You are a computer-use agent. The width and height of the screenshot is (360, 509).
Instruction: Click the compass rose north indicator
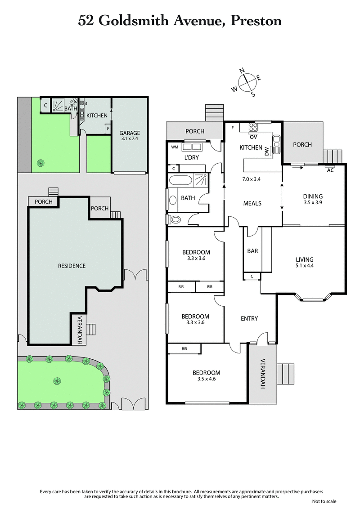coord(242,71)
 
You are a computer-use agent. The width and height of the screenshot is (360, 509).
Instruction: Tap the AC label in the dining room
coord(331,170)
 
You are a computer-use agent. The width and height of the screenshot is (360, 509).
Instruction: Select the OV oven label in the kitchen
coord(253,137)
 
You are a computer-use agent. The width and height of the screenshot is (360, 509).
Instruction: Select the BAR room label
coord(252,251)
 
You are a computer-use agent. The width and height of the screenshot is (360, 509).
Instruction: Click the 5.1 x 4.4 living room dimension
coord(305,266)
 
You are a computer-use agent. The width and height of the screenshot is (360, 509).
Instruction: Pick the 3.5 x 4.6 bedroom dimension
coord(207,379)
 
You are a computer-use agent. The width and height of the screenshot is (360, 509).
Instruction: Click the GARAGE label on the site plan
coord(129,133)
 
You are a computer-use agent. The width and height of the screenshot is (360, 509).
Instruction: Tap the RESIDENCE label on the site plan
coord(72,266)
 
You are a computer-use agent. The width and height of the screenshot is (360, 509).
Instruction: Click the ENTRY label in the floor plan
coord(249,318)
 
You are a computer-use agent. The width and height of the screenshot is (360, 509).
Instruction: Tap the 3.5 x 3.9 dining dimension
coord(313,202)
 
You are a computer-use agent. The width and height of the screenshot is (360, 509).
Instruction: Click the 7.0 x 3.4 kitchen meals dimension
coord(251,179)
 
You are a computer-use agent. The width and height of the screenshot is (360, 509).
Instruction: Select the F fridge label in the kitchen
coord(233,128)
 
